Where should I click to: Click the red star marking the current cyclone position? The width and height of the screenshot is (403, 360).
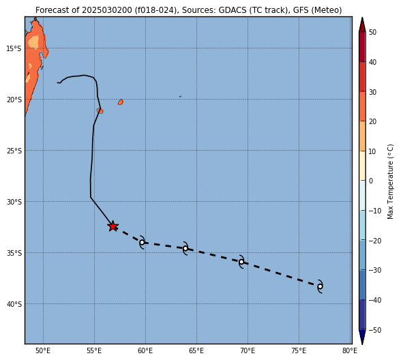[113, 226]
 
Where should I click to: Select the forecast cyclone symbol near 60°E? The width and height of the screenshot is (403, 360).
[142, 242]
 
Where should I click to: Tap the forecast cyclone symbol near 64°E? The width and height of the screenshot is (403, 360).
[185, 248]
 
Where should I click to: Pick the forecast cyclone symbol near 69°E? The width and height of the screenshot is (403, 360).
[241, 262]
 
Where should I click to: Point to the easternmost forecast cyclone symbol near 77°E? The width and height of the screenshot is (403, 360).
[320, 286]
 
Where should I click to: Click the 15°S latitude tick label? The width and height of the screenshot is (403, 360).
[14, 48]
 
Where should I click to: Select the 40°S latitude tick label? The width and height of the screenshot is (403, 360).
[14, 304]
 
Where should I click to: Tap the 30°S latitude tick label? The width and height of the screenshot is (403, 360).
[14, 202]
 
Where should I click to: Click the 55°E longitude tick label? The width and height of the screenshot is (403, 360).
[94, 350]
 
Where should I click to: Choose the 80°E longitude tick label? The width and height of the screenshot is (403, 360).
[350, 350]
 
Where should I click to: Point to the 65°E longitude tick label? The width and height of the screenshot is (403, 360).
[196, 350]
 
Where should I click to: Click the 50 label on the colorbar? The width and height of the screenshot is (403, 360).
[372, 32]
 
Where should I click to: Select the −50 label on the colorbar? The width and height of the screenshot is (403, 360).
[375, 330]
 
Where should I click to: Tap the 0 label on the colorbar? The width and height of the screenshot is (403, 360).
[371, 181]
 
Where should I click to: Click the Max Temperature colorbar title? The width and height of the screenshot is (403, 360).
[390, 181]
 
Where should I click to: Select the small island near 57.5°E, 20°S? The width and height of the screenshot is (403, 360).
[121, 102]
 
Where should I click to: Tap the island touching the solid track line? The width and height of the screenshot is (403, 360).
[100, 110]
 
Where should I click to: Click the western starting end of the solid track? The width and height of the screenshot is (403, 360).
[57, 82]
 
